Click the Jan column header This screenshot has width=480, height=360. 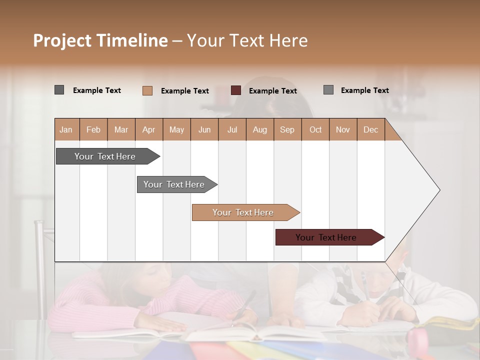tap(66, 129)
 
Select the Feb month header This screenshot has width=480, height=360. tap(93, 129)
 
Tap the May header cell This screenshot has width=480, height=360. tap(176, 129)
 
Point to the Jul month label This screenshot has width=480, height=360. tap(232, 129)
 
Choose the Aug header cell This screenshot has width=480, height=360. tap(260, 129)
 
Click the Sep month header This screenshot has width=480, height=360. tap(287, 129)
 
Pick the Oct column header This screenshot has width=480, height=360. tap(315, 129)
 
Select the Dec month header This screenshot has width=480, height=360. tap(371, 129)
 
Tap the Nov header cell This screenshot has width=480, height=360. tap(343, 129)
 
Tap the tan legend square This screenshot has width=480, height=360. tap(147, 90)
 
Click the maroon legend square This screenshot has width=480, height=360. tap(236, 90)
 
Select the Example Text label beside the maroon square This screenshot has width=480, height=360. tap(273, 91)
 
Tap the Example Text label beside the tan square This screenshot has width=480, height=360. tap(185, 91)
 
